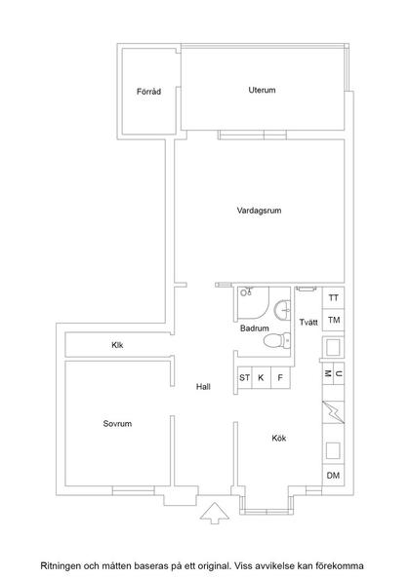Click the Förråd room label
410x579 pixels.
pyautogui.click(x=148, y=93)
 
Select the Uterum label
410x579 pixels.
pyautogui.click(x=262, y=91)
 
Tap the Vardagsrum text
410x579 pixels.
pyautogui.click(x=260, y=211)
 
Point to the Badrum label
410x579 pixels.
pyautogui.click(x=255, y=329)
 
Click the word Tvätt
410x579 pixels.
pyautogui.click(x=308, y=321)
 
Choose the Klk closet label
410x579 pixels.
pyautogui.click(x=118, y=345)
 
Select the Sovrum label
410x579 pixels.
pyautogui.click(x=117, y=424)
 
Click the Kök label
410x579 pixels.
pyautogui.click(x=279, y=438)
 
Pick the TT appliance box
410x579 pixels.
pyautogui.click(x=334, y=298)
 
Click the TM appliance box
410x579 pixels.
pyautogui.click(x=334, y=320)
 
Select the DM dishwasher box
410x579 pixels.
pyautogui.click(x=334, y=475)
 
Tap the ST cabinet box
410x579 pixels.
pyautogui.click(x=244, y=377)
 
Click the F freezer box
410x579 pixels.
pyautogui.click(x=280, y=377)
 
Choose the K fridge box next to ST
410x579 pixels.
pyautogui.click(x=262, y=377)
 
